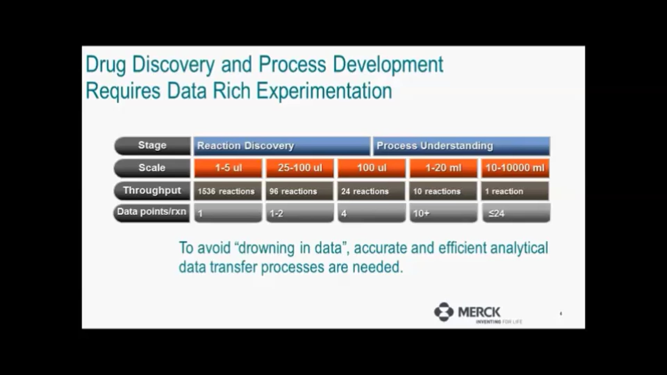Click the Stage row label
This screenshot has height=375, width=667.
(x=152, y=146)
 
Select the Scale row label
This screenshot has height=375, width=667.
(x=152, y=168)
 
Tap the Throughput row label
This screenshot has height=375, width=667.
(x=152, y=191)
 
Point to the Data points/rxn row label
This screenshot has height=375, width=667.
(x=151, y=212)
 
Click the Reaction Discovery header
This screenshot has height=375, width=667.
(x=282, y=146)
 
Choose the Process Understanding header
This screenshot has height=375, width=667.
(x=461, y=146)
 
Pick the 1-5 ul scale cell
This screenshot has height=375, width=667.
(x=228, y=168)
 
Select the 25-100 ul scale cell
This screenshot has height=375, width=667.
(x=300, y=168)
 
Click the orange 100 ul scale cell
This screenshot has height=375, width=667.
(x=372, y=168)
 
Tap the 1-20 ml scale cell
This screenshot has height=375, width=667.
(x=444, y=168)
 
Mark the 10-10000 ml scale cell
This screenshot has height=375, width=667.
(x=516, y=168)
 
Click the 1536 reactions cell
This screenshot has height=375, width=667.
(x=228, y=191)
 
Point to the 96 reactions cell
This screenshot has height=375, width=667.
(x=300, y=191)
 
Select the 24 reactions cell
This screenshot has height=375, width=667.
(x=371, y=191)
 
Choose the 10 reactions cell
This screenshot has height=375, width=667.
(x=443, y=191)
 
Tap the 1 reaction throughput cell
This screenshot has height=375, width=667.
(x=515, y=191)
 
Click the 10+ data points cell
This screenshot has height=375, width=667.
(x=444, y=213)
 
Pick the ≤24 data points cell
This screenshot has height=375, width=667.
(x=517, y=213)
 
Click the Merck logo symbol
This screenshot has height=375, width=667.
(x=444, y=312)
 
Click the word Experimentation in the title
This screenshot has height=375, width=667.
(x=324, y=91)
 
